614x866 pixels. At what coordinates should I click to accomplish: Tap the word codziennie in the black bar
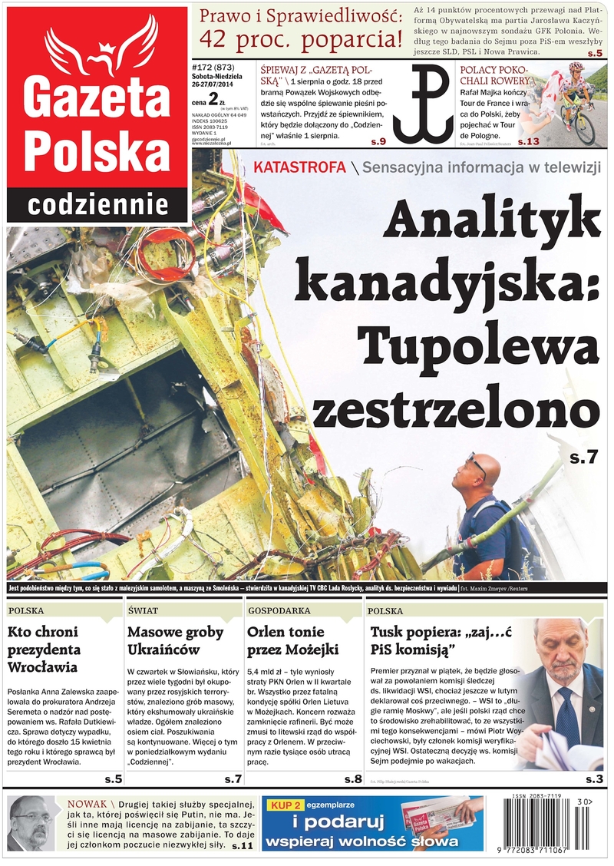point(98,205)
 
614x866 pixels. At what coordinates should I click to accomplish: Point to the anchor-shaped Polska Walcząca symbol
point(423,104)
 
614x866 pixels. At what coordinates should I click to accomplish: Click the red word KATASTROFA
point(299,168)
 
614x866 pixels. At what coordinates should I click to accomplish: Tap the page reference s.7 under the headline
point(583,458)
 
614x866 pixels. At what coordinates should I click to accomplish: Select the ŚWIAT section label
point(144,611)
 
